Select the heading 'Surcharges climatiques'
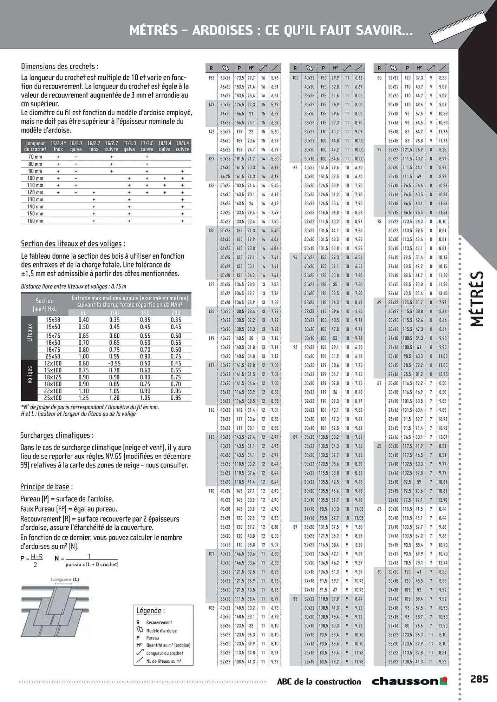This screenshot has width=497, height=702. pos(57,435)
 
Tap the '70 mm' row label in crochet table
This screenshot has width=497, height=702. pos(35,157)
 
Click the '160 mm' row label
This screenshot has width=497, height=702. pos(35,221)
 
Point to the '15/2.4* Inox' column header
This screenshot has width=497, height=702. pos(58,146)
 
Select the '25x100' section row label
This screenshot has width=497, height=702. pos(53,398)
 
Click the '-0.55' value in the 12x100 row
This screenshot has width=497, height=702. pos(114,364)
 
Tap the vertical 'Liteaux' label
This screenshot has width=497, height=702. pos(30,332)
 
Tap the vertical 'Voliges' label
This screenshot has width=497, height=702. pos(30,375)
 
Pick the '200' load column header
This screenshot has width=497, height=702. pos(176,313)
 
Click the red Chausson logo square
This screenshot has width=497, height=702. pos(444,681)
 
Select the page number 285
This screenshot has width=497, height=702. pos(479,679)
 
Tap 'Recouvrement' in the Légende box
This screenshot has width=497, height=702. pos(159,622)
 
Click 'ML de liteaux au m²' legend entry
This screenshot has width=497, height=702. pos(163,661)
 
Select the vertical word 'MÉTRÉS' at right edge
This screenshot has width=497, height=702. pos(477,298)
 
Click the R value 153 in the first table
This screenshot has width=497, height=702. pos(211,78)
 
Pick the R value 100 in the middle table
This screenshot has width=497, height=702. pos(295,78)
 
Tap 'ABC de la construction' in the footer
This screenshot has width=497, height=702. pos(319,681)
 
